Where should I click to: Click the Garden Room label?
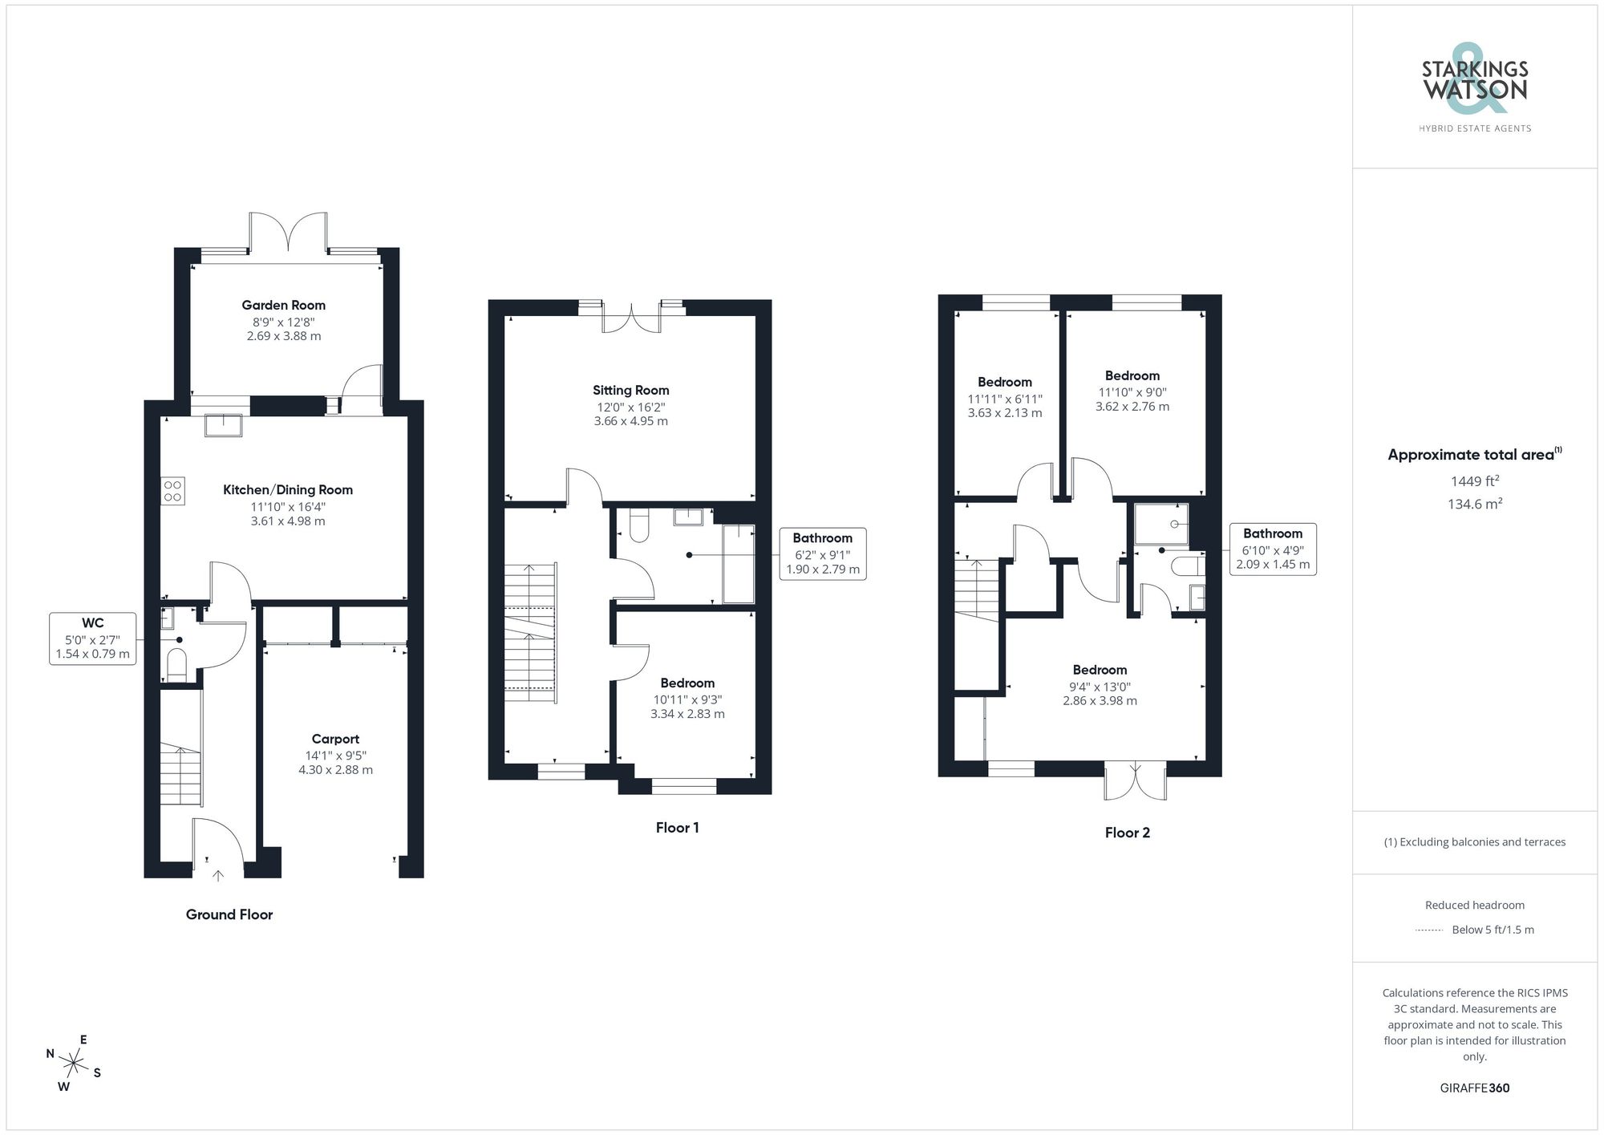coord(284,305)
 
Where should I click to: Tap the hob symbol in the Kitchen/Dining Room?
coord(172,491)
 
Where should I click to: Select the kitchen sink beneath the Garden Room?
coord(223,424)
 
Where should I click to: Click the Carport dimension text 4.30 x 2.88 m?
coord(335,770)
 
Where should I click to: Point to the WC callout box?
coord(93,638)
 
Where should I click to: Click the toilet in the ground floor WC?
coord(176,666)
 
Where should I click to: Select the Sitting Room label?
coord(630,391)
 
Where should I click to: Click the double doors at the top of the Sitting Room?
coord(632,317)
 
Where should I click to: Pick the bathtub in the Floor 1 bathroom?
coord(739,564)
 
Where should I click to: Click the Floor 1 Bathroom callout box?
coord(822,553)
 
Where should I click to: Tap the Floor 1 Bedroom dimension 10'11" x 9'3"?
coord(687,699)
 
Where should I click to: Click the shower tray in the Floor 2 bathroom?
coord(1161,524)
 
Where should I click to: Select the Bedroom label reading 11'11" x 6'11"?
coord(1004,383)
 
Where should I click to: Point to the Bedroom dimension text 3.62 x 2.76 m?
coord(1132,407)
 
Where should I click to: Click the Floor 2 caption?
coord(1127,833)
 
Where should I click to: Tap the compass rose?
coord(74,1064)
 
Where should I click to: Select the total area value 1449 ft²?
coord(1474,481)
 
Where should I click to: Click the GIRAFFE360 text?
coord(1474,1088)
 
